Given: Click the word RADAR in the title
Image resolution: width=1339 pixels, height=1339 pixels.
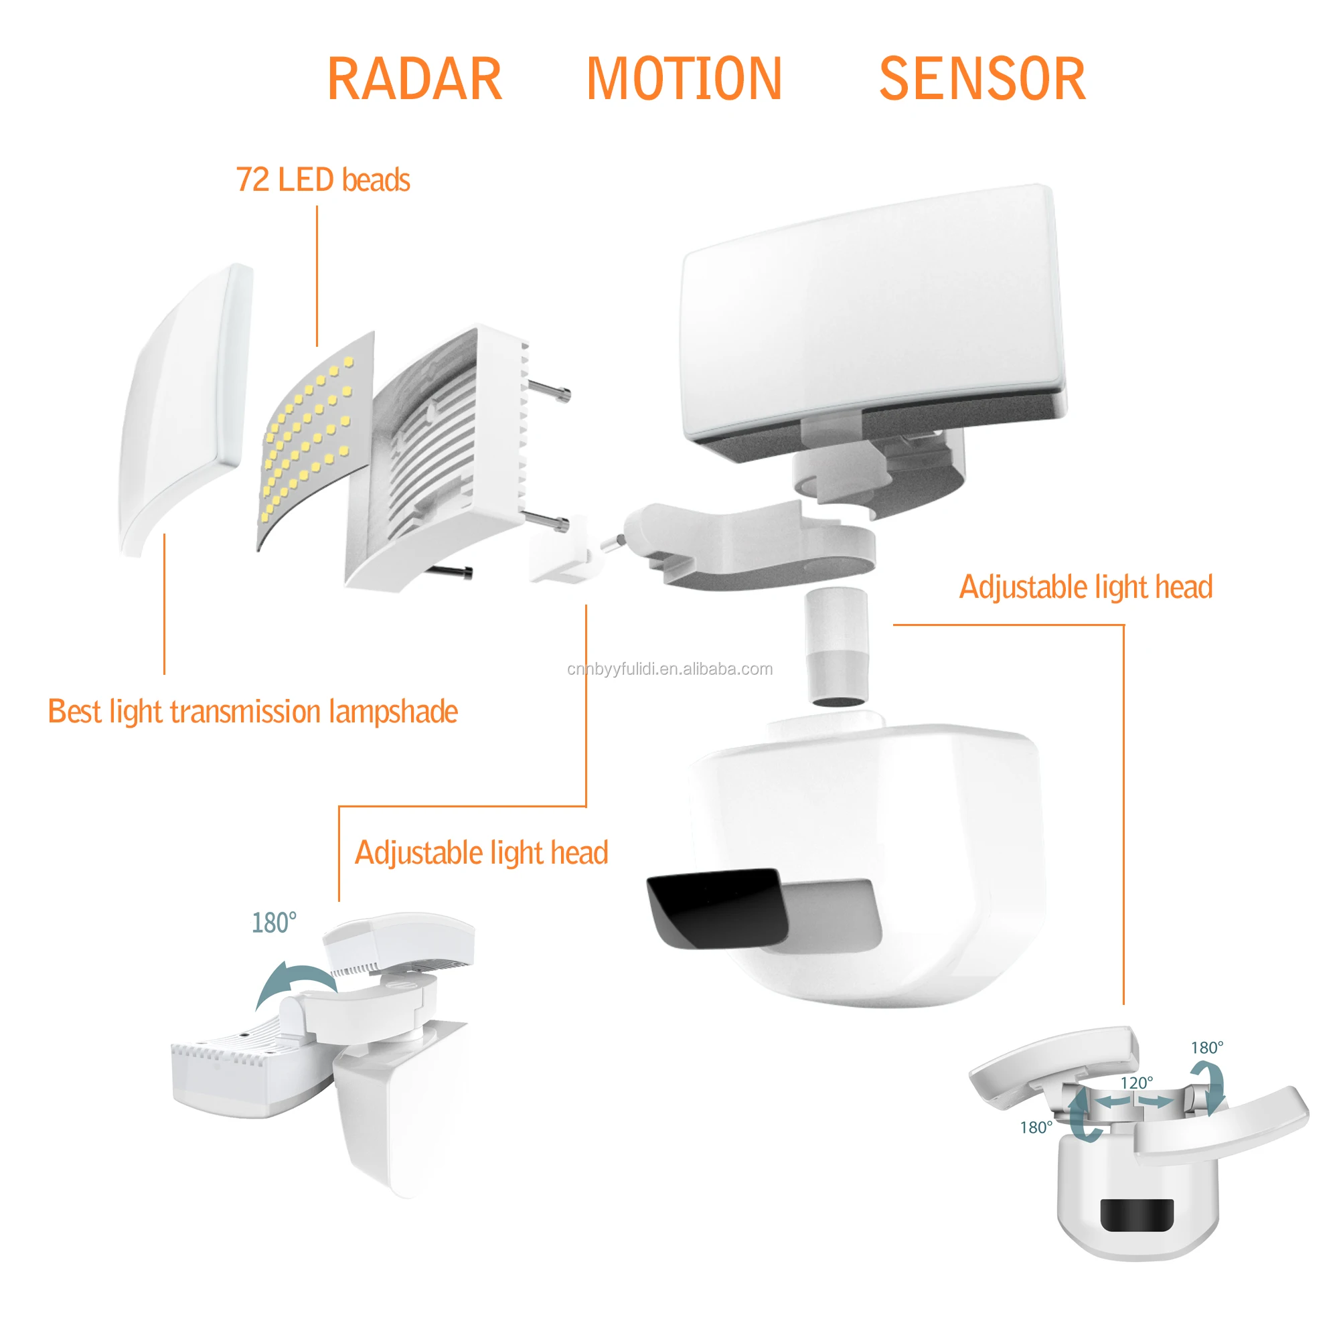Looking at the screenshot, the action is coord(414,80).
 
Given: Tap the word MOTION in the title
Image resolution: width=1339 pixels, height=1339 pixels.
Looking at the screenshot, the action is coord(684,80).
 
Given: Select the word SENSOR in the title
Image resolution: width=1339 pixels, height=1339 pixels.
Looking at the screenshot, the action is coord(981,80).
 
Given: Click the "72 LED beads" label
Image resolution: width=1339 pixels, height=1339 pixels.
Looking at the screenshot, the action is coord(323,180).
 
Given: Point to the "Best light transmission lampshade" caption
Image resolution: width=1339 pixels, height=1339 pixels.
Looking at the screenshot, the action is coord(253,712).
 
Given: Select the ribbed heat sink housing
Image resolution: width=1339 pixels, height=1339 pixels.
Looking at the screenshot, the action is coord(444,457).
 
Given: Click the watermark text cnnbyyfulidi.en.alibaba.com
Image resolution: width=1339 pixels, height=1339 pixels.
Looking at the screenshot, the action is coord(669,669).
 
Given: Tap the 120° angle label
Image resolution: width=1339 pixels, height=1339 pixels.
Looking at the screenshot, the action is coord(1137,1083).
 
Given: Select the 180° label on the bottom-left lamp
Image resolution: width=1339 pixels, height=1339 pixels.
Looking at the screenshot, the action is coord(274,923).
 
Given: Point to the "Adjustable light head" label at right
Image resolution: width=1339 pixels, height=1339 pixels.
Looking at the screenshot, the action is coord(1085,588).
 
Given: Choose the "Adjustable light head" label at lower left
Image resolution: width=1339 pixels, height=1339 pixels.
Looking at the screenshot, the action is coord(481,853).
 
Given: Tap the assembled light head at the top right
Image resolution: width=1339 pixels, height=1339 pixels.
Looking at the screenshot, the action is coord(873,319).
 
